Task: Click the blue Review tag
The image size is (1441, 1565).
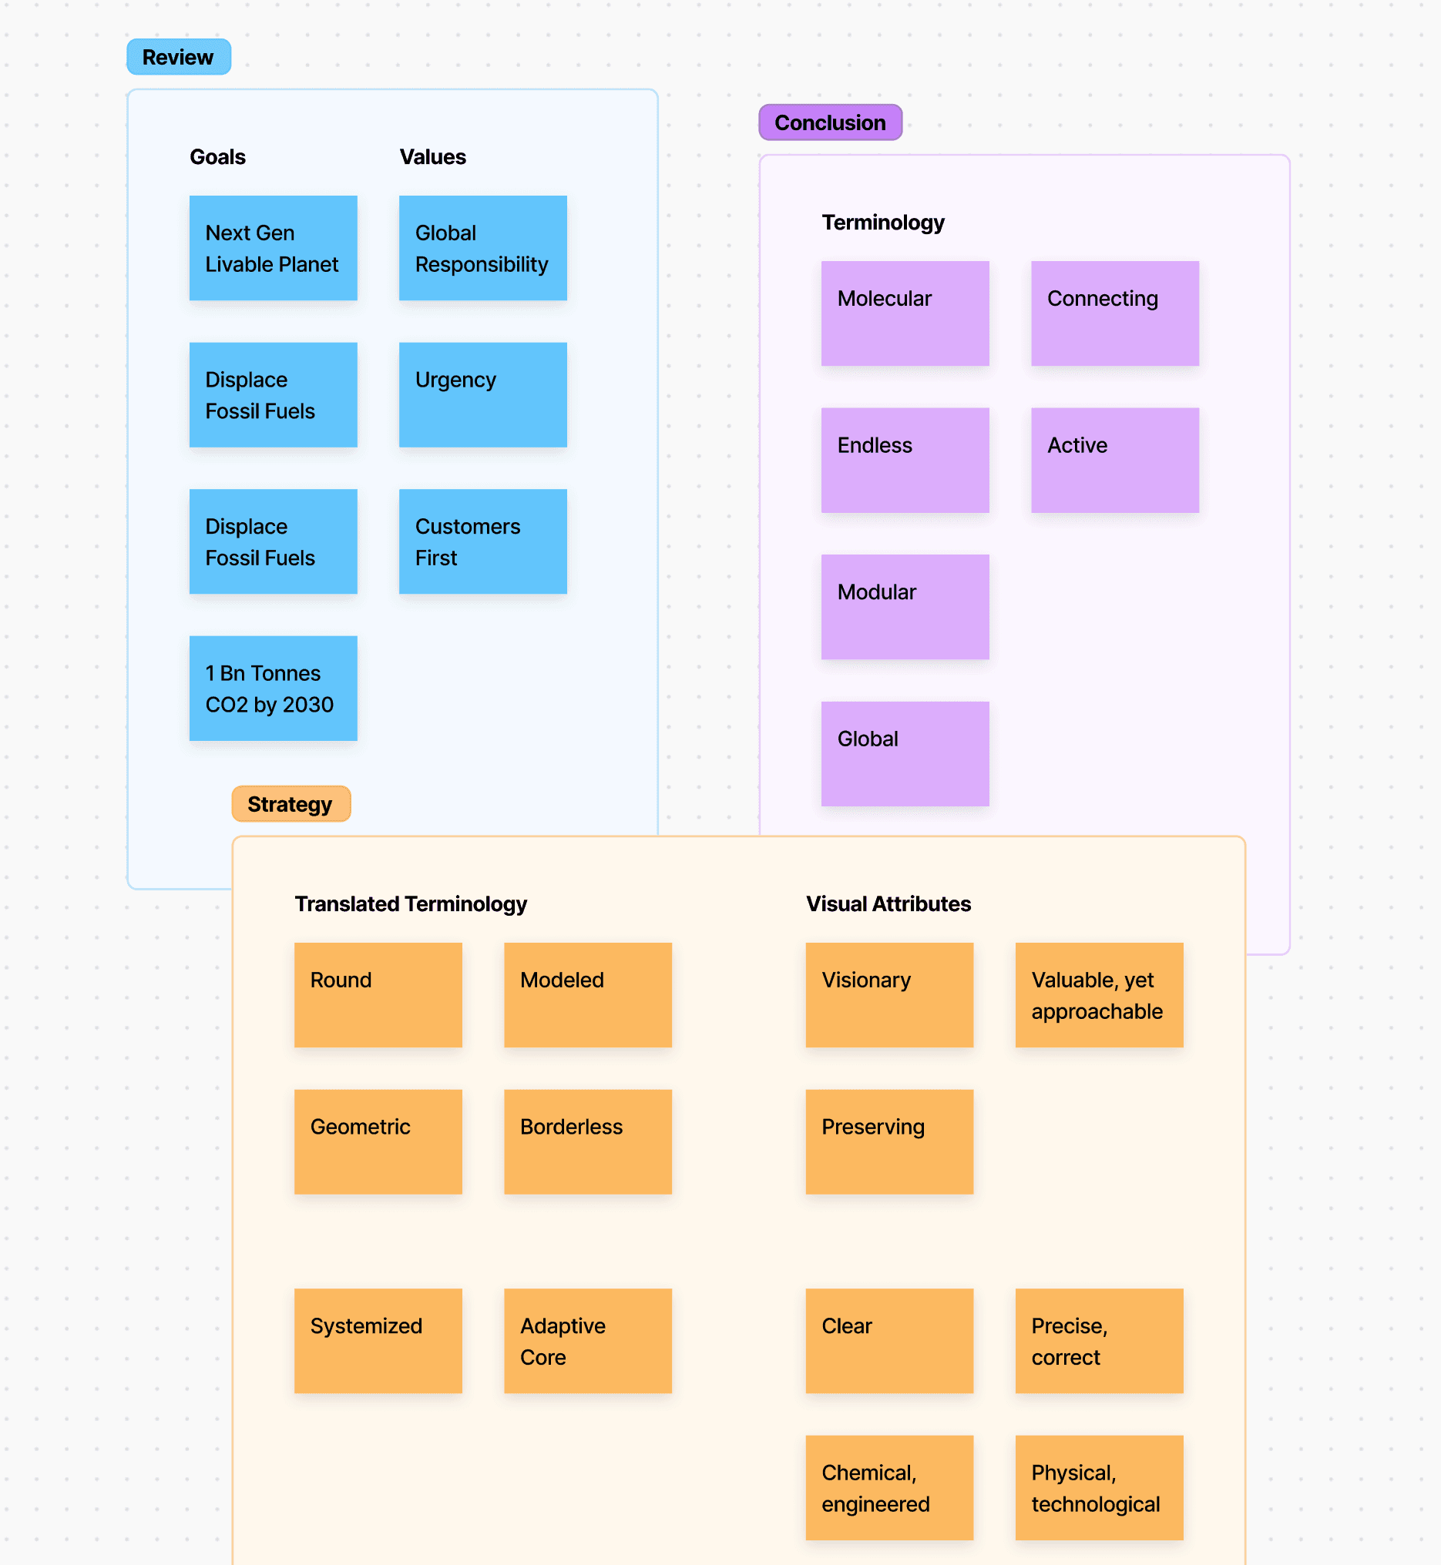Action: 179,57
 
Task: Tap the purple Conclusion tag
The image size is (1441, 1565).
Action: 830,122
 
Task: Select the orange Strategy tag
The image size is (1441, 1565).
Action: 291,803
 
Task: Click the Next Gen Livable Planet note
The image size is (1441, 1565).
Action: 273,248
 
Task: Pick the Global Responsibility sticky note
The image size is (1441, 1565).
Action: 482,248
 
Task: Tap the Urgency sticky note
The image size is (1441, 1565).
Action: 482,394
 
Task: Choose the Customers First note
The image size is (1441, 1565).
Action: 482,541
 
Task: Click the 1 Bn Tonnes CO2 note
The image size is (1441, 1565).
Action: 273,688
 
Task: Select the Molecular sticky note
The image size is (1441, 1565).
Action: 905,313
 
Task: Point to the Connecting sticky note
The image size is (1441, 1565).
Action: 1114,313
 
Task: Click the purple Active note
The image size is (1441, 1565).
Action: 1114,460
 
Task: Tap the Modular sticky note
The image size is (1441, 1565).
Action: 905,606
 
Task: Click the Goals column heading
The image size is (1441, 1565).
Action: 217,156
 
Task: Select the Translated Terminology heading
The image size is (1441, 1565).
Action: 410,903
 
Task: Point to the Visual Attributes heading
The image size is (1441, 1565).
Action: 888,903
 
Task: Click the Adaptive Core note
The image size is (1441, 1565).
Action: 587,1341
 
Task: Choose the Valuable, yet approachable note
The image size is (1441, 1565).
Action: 1099,994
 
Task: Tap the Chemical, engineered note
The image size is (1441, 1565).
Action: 889,1487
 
